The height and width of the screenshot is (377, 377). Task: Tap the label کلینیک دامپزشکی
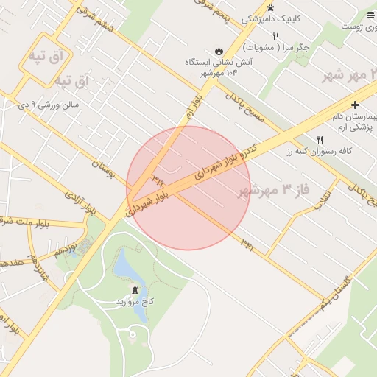click(x=283, y=18)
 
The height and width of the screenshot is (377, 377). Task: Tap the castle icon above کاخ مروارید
click(x=135, y=289)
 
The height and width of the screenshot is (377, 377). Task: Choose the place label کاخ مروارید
click(x=135, y=302)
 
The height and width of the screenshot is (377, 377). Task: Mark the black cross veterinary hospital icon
click(x=355, y=105)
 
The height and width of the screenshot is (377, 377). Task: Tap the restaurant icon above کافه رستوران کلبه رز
click(x=320, y=140)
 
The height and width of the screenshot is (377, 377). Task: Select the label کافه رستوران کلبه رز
click(x=307, y=152)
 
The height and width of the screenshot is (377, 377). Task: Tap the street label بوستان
click(x=104, y=166)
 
